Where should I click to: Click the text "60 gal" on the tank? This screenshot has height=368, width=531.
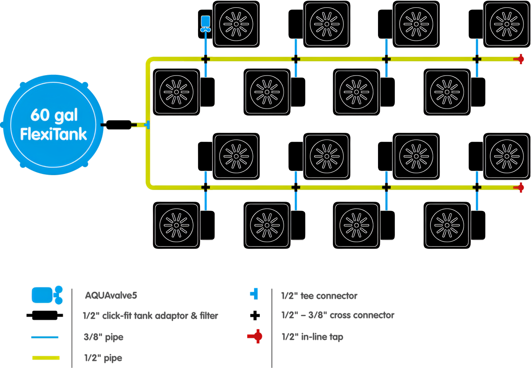(54, 115)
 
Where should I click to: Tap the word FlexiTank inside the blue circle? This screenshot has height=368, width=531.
(53, 134)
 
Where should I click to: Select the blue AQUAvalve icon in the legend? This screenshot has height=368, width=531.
(47, 295)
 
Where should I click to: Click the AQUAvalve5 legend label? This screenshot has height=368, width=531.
(111, 295)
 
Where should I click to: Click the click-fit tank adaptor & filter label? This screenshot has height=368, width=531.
(150, 316)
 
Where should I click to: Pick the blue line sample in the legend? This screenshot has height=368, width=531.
(45, 337)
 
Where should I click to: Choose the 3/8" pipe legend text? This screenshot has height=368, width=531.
(104, 337)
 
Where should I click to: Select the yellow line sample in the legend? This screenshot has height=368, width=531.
(46, 358)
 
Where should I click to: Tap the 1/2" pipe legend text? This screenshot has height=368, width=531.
(103, 358)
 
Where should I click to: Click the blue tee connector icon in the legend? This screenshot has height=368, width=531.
(254, 293)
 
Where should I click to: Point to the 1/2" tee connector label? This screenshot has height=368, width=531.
(319, 296)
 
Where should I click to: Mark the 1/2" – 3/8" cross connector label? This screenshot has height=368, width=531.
(338, 315)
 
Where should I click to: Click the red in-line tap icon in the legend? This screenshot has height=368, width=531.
(255, 336)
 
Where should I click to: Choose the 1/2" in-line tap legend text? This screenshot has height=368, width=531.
(312, 337)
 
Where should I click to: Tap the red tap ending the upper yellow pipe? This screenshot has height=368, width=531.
(519, 59)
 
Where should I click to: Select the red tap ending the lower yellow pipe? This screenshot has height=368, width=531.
(519, 187)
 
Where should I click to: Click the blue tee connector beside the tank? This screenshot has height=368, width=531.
(147, 125)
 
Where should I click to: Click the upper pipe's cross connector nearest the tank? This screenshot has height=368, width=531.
(205, 59)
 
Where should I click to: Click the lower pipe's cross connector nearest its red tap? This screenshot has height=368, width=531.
(477, 187)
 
